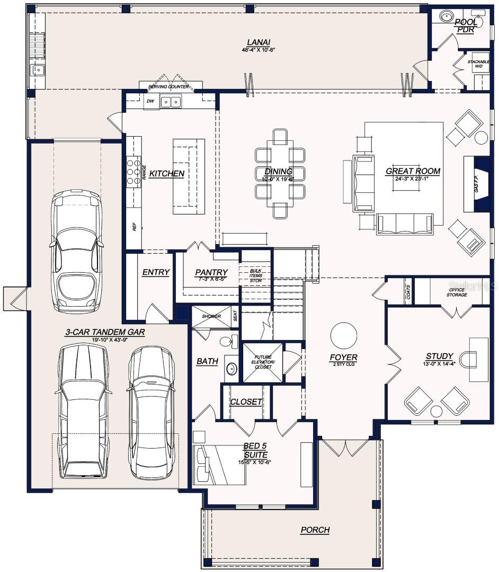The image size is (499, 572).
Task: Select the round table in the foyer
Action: pos(344,335)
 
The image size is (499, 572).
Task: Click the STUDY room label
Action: pos(439,356)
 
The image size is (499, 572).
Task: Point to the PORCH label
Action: pos(315,530)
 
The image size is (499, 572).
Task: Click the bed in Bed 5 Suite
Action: pos(220,464)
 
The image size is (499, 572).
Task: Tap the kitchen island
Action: pos(189,176)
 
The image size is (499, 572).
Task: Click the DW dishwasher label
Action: pos(150,101)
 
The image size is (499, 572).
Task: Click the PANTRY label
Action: pos(211,272)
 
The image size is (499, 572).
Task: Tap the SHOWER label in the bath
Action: pos(211,316)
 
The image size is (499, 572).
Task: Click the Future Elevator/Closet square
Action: pos(263,362)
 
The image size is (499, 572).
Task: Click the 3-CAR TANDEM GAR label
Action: pos(105,332)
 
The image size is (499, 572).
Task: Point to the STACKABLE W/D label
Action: pos(478,64)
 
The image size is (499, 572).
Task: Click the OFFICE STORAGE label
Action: pos(456,292)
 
